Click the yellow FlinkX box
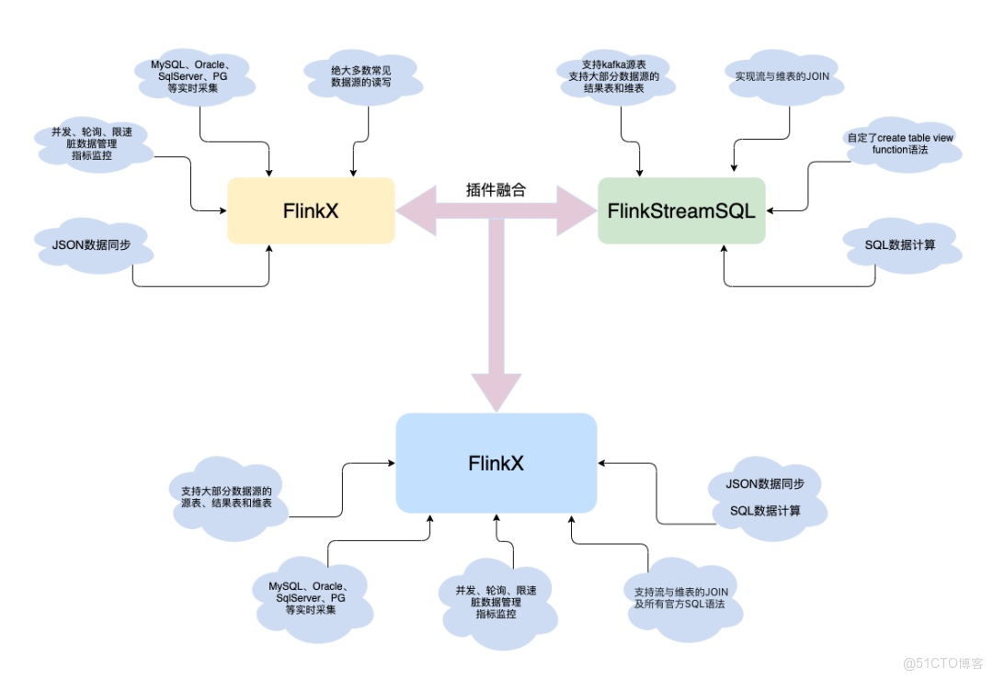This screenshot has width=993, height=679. pyautogui.click(x=311, y=210)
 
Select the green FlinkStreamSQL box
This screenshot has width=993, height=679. pyautogui.click(x=681, y=210)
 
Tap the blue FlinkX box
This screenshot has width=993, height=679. pyautogui.click(x=496, y=463)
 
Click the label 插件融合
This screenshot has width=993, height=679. pyautogui.click(x=496, y=190)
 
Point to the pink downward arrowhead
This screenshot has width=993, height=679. pyautogui.click(x=496, y=390)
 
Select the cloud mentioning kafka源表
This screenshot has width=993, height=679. pyautogui.click(x=613, y=77)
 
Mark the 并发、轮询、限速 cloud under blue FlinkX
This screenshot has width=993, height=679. pyautogui.click(x=496, y=602)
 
